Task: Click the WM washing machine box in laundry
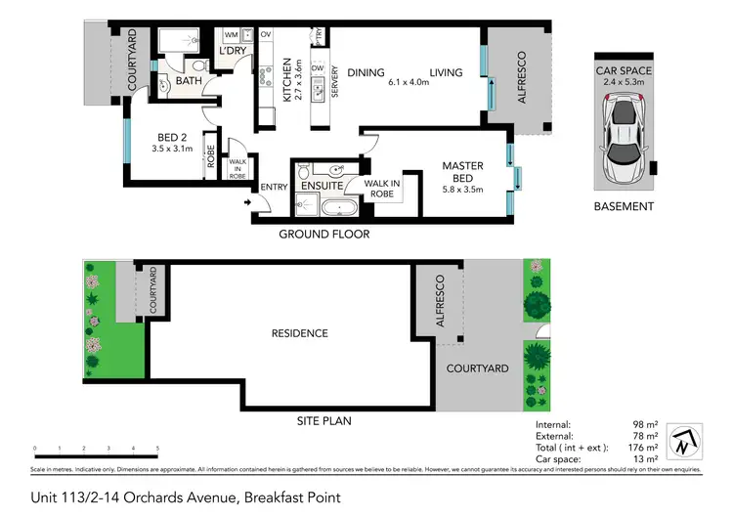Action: click(x=232, y=35)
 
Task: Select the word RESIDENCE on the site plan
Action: click(x=299, y=333)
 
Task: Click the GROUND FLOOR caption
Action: click(x=323, y=235)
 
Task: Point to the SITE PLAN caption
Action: click(x=323, y=421)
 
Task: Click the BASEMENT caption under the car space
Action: click(x=624, y=206)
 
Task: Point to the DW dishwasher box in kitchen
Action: click(x=317, y=68)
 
